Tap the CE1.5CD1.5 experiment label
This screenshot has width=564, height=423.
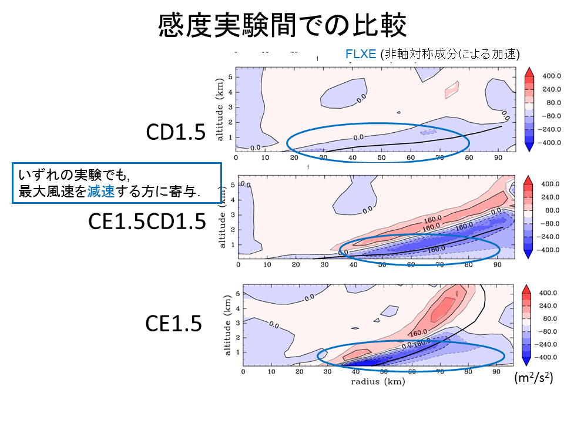click(147, 221)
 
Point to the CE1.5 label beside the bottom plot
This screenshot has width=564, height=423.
click(174, 323)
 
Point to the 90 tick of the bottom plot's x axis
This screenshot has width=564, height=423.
click(496, 371)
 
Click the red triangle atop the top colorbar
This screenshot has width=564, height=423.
click(528, 71)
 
